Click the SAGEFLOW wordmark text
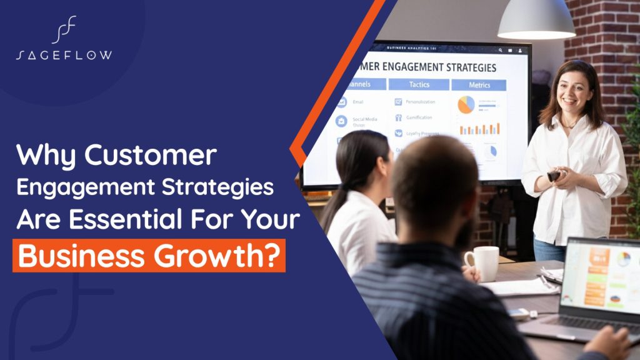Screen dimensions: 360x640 click(x=64, y=55)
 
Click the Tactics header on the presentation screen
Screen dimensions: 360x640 click(x=419, y=84)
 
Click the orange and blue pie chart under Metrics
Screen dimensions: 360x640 click(x=466, y=104)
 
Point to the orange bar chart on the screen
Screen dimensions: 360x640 click(x=479, y=129)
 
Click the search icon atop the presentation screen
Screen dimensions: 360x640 click(x=500, y=49)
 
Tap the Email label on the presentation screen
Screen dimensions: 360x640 click(x=357, y=102)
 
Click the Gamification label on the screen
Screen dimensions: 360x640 click(x=420, y=117)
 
